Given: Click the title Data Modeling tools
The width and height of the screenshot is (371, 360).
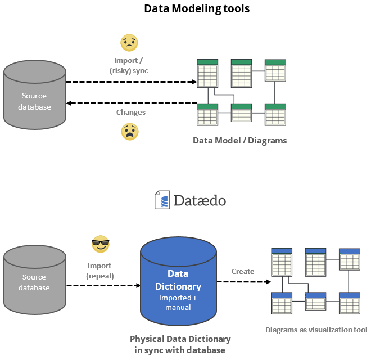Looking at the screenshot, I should pos(197,8).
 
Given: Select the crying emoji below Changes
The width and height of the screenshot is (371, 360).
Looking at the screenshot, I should pos(130,132).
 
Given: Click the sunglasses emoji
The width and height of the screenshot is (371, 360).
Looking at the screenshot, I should pos(100,245).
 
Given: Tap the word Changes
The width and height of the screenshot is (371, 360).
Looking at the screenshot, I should pos(131,112).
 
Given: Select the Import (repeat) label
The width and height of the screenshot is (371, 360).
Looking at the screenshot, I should pos(99,271).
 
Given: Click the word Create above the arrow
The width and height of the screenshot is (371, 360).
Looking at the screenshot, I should pos(243,271).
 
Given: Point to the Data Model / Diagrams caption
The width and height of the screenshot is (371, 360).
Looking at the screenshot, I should pos(240,141).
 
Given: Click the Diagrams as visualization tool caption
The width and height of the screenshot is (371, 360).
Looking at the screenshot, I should pos(316,330).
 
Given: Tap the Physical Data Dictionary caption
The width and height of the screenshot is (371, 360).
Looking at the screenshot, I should pos(180,344).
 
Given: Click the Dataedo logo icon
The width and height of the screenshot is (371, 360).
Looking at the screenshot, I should pos(162,200).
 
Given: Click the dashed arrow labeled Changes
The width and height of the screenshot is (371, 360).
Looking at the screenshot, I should pos(132,103).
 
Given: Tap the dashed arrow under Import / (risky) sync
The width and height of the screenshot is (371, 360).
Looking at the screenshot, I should pos(132,82).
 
